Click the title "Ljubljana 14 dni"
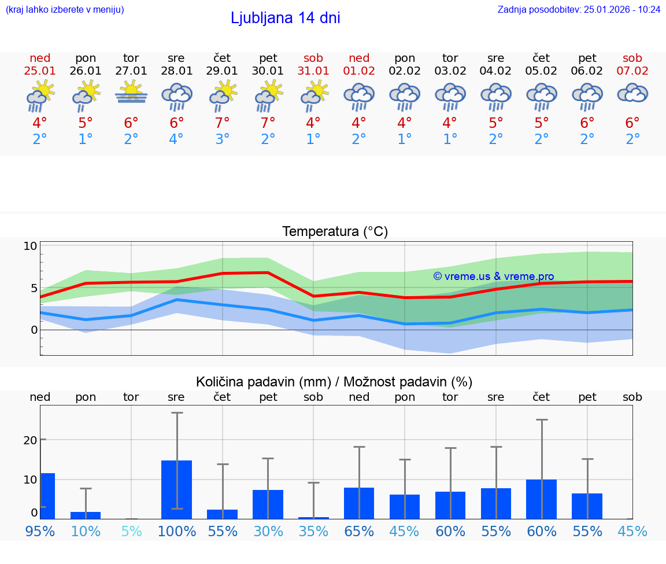point(285,18)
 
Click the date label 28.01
point(176,71)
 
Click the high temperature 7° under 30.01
point(268,123)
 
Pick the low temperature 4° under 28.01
point(176,139)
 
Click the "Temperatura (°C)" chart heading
point(335,232)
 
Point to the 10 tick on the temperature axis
point(30,246)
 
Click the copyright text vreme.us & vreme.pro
point(494,277)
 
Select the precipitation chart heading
point(334,382)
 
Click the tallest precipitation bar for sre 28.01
point(176,489)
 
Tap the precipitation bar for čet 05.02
point(541,499)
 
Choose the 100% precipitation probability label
point(177,531)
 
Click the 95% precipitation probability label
point(40,531)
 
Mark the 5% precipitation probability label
point(131,531)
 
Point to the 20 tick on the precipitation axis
point(30,440)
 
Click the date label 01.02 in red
point(359,71)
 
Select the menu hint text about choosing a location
point(64,9)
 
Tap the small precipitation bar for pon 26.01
point(86,515)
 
